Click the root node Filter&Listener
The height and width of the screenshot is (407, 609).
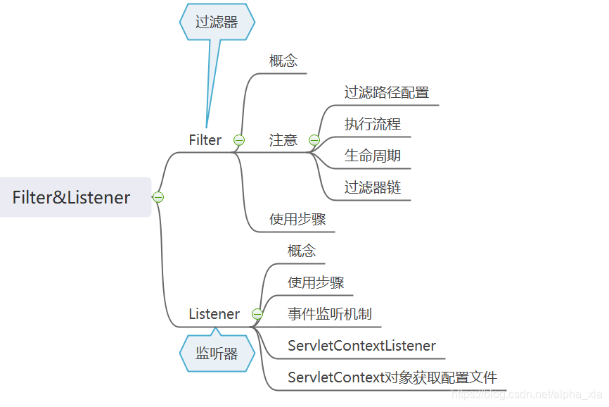[x=72, y=197]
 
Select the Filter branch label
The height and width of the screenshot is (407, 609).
[x=205, y=140]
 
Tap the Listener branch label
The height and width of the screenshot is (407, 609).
[x=214, y=314]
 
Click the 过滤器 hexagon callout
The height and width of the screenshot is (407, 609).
[x=217, y=22]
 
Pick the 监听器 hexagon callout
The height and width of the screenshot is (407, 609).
[x=217, y=353]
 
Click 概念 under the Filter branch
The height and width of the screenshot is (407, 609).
[x=283, y=61]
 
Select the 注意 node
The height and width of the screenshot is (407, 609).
[x=283, y=140]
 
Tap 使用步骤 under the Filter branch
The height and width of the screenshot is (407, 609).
[x=297, y=219]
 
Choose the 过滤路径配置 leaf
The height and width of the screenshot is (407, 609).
[x=386, y=92]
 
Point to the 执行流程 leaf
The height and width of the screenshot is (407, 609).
[x=372, y=124]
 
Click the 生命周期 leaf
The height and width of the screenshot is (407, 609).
[x=372, y=156]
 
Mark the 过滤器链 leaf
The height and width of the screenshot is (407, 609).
[x=372, y=187]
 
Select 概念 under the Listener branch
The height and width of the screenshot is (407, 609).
[x=302, y=251]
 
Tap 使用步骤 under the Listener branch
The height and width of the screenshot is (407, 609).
[x=316, y=282]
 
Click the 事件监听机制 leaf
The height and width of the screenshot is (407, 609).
[x=330, y=314]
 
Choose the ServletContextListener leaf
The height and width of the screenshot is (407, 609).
[x=361, y=346]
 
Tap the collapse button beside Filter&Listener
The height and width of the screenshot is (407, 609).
[x=158, y=197]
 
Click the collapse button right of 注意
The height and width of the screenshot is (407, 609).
[x=314, y=140]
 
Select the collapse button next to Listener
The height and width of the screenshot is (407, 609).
[x=257, y=314]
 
